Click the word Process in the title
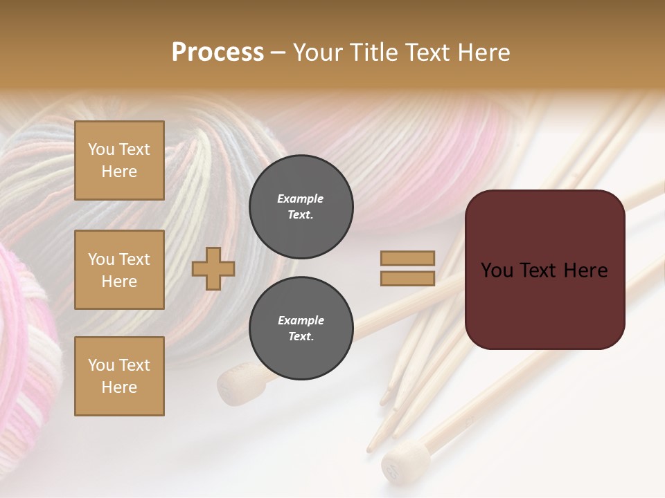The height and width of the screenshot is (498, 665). [x=218, y=53]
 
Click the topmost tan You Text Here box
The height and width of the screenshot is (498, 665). [x=119, y=160]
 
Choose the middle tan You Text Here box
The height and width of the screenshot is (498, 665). [x=119, y=270]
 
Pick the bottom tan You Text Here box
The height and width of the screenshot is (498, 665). [x=119, y=376]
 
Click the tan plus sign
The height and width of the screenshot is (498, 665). [x=213, y=269]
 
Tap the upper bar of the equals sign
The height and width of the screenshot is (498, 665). [x=408, y=259]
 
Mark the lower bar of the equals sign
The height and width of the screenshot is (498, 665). [x=408, y=279]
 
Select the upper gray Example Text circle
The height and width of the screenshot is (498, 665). [x=301, y=207]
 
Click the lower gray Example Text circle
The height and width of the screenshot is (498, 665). [x=301, y=329]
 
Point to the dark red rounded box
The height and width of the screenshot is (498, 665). [x=544, y=269]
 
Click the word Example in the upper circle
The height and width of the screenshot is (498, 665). [x=301, y=199]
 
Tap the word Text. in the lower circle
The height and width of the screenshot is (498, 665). [x=301, y=337]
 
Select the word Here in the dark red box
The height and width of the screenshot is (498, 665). [x=585, y=270]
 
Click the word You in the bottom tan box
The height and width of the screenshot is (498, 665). [x=101, y=365]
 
